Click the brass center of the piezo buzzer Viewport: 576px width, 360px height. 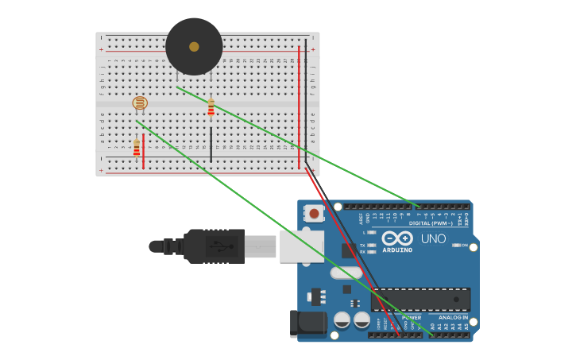click(x=194, y=47)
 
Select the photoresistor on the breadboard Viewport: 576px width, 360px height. click(x=140, y=103)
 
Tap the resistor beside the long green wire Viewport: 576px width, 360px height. click(x=211, y=107)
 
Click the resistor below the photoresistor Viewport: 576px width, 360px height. click(x=137, y=148)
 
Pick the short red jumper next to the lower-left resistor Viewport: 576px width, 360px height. click(x=143, y=151)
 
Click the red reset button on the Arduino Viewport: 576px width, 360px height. click(x=315, y=213)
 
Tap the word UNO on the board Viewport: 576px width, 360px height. click(x=433, y=238)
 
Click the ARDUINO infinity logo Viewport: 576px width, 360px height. click(x=396, y=238)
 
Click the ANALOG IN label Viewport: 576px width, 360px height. click(x=454, y=317)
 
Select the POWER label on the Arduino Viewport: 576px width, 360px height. click(x=411, y=317)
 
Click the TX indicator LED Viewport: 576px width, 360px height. click(x=372, y=246)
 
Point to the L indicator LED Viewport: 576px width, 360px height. click(x=372, y=232)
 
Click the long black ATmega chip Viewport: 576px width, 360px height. click(x=420, y=299)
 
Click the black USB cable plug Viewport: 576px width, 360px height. click(x=215, y=246)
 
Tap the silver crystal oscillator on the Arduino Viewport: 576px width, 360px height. click(x=346, y=273)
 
